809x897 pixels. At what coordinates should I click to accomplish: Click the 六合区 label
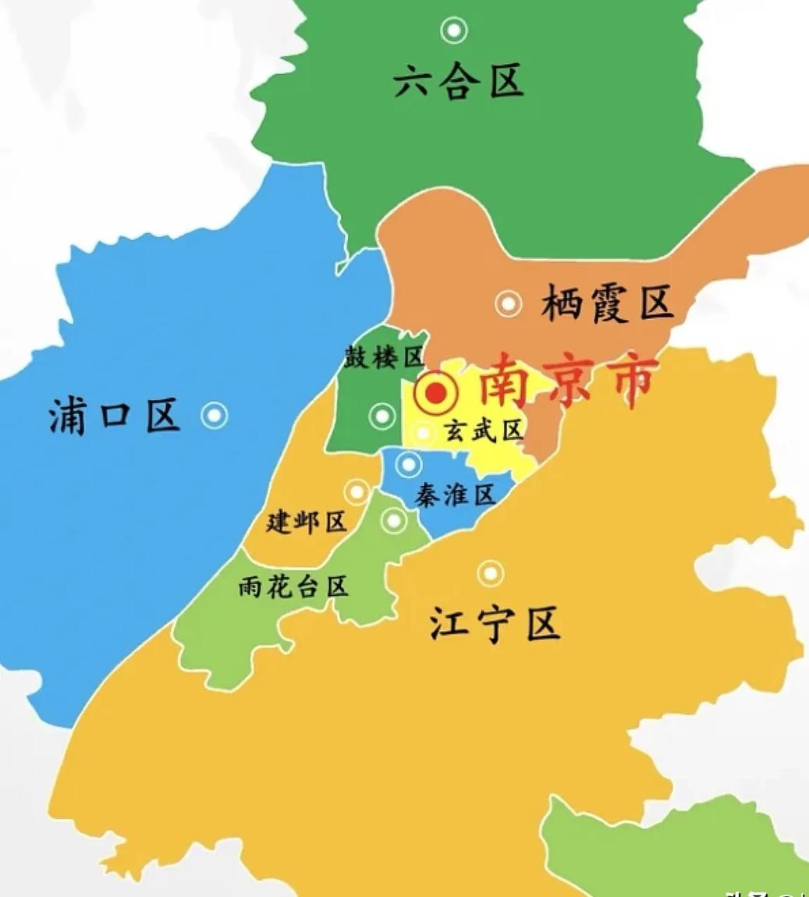coord(458,81)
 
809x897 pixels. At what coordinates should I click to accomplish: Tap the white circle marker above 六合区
coord(454,31)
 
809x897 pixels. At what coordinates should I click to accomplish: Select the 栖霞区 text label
coord(607,303)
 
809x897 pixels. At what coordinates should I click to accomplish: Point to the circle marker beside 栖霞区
coord(509,303)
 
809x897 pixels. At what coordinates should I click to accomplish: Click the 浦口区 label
coord(115,414)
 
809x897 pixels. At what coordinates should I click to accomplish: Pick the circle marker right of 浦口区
coord(215,416)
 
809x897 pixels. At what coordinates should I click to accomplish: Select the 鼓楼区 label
coord(384,356)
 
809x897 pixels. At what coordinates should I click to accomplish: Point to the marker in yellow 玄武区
coord(423,431)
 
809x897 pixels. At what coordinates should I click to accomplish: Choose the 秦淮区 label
coord(456,495)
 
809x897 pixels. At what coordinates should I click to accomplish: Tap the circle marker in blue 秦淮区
coord(408,465)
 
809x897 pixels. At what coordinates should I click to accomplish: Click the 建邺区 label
coord(306,521)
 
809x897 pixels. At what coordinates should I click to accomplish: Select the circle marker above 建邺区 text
coord(357,491)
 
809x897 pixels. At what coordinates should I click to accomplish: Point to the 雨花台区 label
coord(293,587)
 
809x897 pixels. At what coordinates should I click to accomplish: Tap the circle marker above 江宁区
coord(490,574)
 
